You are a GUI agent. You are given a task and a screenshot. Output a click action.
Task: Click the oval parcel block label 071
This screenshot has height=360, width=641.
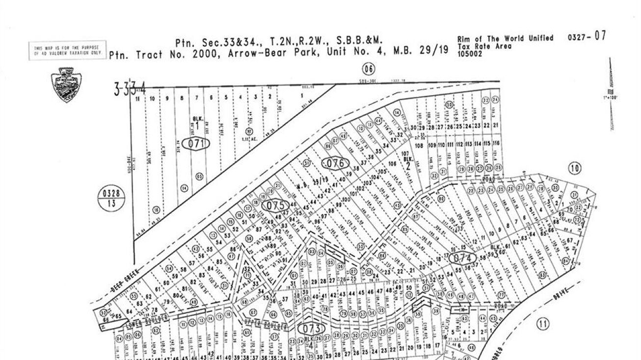(196, 143)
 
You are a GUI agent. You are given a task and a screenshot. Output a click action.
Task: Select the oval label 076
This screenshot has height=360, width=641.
(335, 163)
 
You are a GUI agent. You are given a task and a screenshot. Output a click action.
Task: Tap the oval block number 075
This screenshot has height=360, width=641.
(274, 206)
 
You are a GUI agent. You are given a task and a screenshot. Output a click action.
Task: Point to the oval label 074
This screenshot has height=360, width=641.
(462, 258)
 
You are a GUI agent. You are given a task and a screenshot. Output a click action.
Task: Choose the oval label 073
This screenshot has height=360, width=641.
(312, 328)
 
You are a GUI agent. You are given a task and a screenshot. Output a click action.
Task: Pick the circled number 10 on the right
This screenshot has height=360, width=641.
(575, 169)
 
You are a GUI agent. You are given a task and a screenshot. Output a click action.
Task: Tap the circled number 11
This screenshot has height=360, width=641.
(542, 324)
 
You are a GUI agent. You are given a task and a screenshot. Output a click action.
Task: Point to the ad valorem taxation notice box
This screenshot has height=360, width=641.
(68, 50)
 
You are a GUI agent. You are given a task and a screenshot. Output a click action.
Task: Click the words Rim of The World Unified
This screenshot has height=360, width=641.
(505, 38)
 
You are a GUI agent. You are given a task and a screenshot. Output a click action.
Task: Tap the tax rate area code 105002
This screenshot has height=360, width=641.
(470, 53)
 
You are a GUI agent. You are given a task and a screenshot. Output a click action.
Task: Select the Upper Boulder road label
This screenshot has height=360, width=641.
(266, 325)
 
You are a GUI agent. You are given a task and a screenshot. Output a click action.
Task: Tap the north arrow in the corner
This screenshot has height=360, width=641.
(611, 93)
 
